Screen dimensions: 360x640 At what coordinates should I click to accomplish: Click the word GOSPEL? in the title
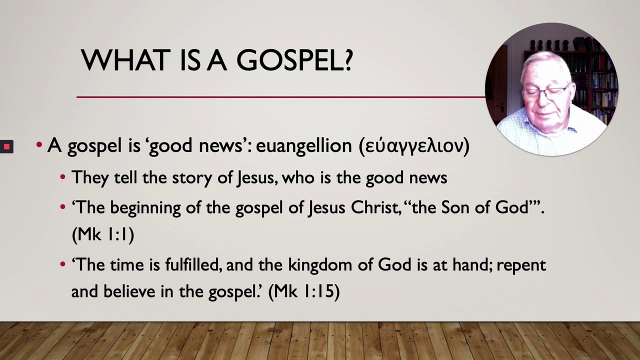[x=294, y=60]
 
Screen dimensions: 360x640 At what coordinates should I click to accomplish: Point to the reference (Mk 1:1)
[x=103, y=234]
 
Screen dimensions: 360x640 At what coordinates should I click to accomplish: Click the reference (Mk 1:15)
[x=304, y=291]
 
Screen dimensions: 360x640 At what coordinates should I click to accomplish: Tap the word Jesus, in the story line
[x=257, y=177]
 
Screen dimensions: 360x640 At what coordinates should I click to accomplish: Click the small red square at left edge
[x=6, y=146]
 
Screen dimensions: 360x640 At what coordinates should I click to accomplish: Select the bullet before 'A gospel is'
[x=39, y=145]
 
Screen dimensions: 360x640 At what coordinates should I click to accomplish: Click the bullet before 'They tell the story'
[x=62, y=177]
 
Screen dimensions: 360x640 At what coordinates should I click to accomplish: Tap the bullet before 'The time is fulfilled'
[x=62, y=264]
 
